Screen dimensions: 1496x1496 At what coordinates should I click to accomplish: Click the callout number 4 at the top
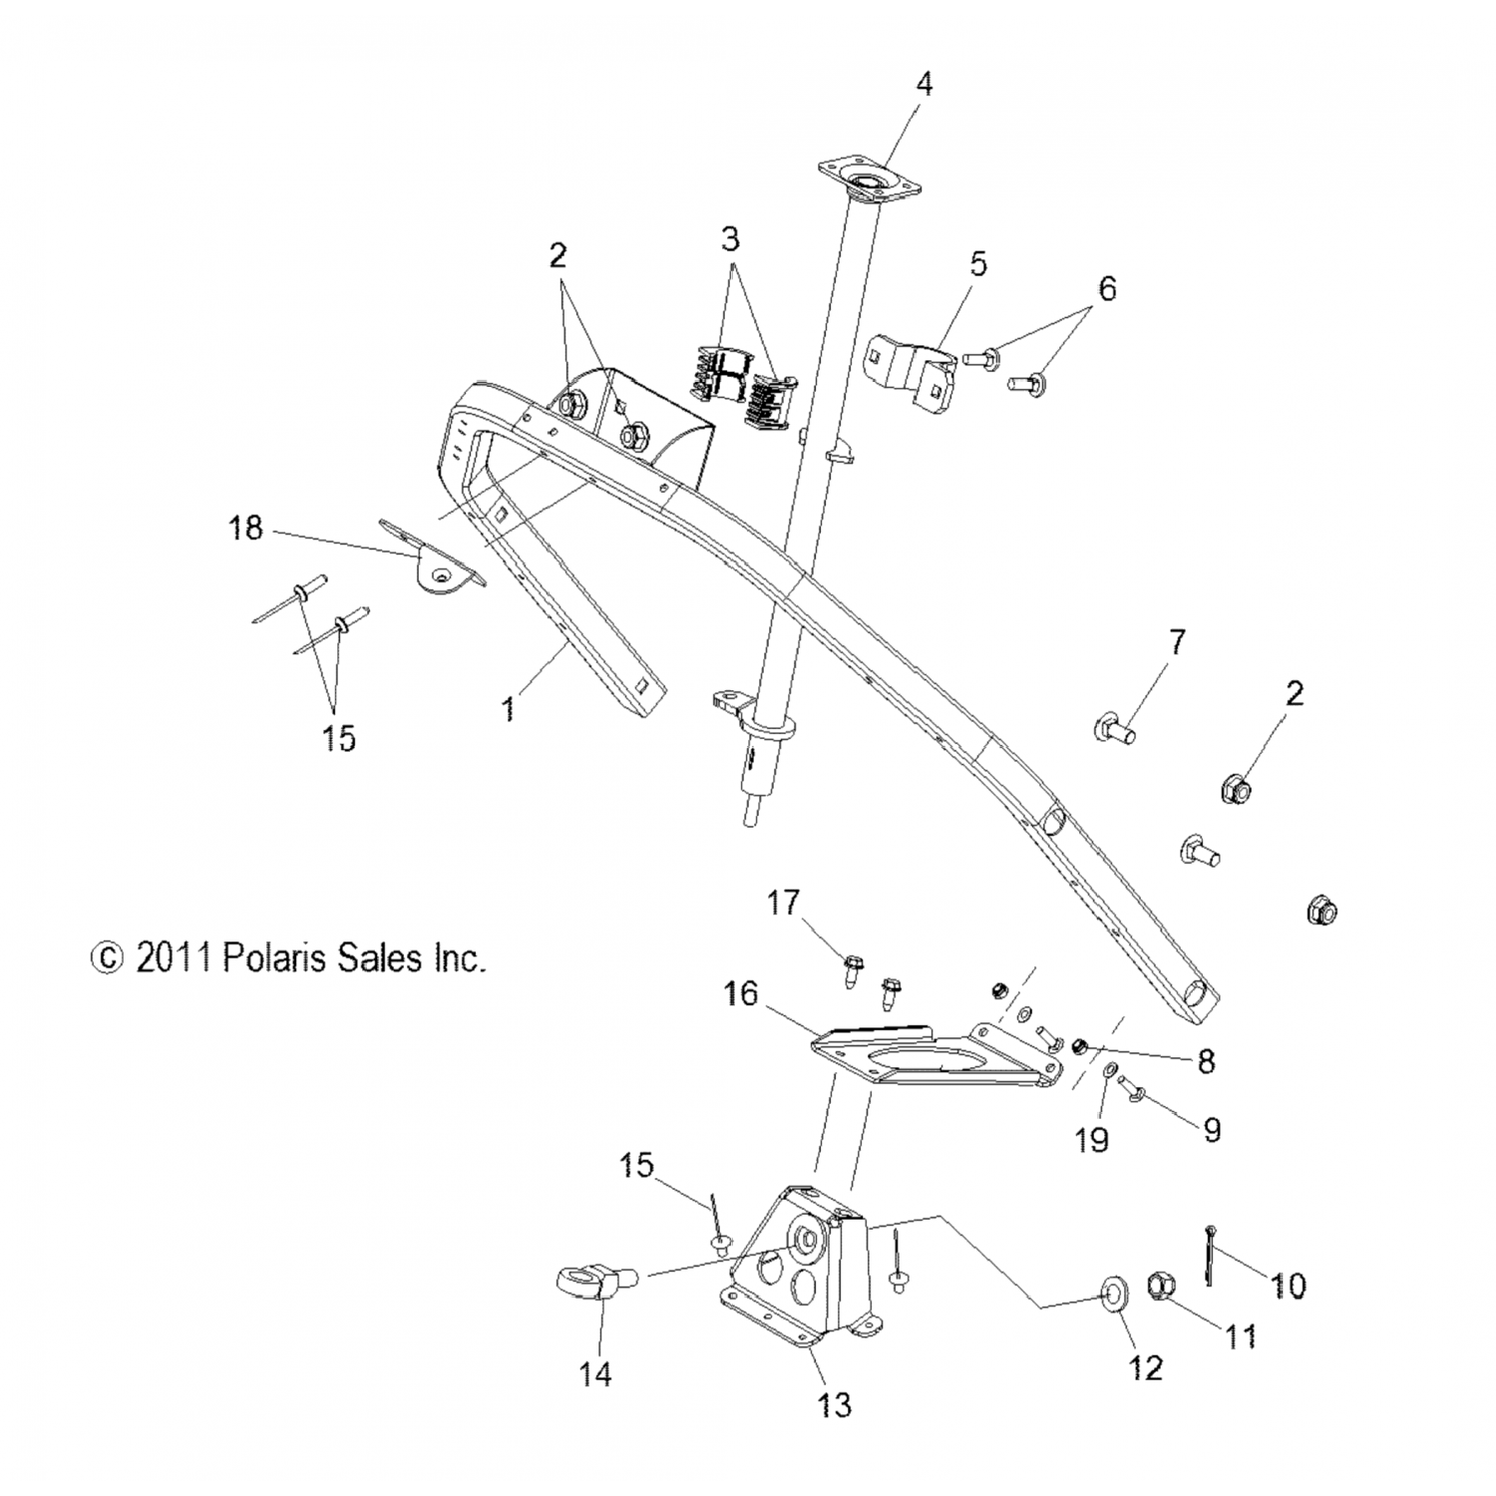pos(925,85)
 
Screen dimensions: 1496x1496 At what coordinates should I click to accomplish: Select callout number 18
pos(245,528)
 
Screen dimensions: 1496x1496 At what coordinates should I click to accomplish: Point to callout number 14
pos(595,1374)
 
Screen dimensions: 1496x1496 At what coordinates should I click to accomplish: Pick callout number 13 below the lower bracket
pos(835,1405)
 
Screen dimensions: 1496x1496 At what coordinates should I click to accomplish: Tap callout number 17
pos(783,903)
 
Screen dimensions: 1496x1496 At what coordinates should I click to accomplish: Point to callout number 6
pos(1107,289)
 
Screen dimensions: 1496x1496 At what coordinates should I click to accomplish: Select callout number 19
pos(1092,1139)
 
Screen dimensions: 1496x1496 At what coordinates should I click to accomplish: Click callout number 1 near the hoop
pos(509,709)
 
